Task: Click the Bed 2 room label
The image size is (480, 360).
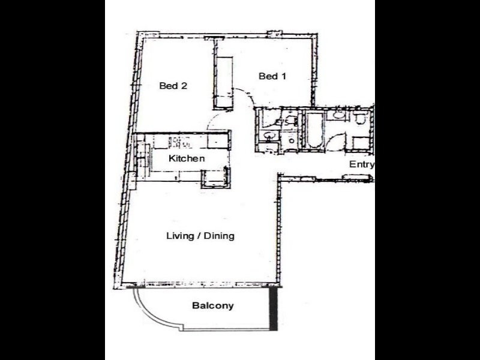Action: pos(173,86)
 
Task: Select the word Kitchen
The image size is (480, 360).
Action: pos(187,159)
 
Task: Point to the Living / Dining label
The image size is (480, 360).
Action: pos(200,236)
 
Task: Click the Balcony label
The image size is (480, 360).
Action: pos(212,306)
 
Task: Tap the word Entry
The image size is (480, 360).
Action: pos(361,164)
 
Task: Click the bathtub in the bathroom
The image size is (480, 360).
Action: pos(315,130)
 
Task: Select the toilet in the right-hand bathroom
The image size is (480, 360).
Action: pos(360,118)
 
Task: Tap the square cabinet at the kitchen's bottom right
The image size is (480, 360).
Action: pos(214,178)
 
